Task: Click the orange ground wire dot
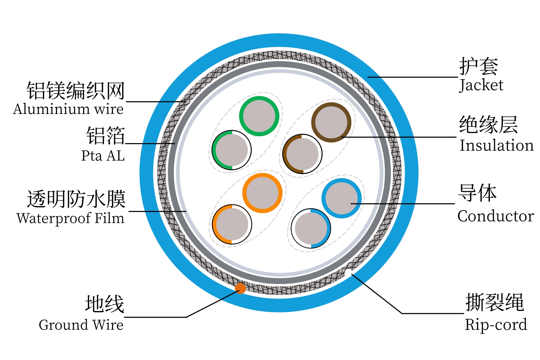click(x=240, y=288)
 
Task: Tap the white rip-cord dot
click(x=349, y=273)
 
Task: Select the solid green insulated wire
click(x=259, y=116)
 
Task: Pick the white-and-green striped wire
click(x=232, y=150)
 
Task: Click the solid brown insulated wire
click(x=331, y=122)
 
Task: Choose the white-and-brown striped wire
click(x=302, y=154)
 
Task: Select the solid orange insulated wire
click(x=262, y=193)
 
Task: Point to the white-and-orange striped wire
click(x=232, y=224)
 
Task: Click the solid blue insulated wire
click(x=341, y=198)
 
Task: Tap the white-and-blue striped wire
click(x=311, y=228)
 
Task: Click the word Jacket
click(x=481, y=85)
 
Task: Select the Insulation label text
click(x=496, y=145)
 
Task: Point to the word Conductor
click(x=496, y=216)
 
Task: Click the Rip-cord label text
click(x=496, y=325)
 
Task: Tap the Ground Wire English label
click(x=81, y=325)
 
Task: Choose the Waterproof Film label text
click(x=70, y=218)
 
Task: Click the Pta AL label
click(x=103, y=156)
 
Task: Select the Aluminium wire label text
click(x=68, y=109)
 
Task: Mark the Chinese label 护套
click(x=478, y=67)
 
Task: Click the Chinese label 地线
click(x=104, y=304)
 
